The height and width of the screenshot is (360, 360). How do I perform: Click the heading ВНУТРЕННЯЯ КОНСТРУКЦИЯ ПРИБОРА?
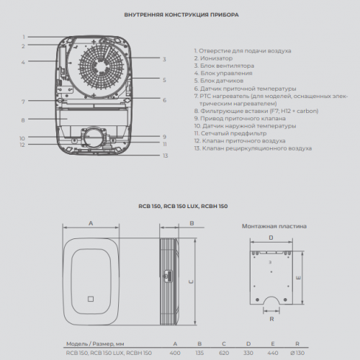tap(181, 15)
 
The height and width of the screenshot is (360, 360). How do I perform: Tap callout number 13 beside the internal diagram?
tap(166, 156)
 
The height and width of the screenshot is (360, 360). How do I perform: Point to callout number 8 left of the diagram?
tap(23, 120)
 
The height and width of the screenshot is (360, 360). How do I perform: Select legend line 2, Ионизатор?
tap(213, 58)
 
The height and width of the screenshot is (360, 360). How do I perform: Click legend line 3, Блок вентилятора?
tap(224, 66)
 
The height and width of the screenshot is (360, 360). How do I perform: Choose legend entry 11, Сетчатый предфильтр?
tap(230, 133)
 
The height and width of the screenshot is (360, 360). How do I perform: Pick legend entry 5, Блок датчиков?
tap(219, 81)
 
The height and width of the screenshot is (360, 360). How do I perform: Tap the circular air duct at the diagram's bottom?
tap(94, 138)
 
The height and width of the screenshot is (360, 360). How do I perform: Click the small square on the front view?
tap(91, 299)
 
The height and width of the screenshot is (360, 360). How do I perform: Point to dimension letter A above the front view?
tap(91, 223)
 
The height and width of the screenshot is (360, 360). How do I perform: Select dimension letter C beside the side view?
tap(191, 282)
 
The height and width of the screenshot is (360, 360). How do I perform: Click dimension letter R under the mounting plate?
tap(271, 319)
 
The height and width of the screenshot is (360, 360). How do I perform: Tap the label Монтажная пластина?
tap(274, 226)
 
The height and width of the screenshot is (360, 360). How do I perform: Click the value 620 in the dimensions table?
tap(224, 353)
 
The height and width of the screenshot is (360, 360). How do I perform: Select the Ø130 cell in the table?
tap(297, 353)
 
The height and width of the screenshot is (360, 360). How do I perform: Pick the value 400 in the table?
tap(175, 353)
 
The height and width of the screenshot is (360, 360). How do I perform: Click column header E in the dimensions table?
tap(273, 343)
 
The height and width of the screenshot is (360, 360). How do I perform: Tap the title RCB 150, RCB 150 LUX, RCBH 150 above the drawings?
tap(183, 206)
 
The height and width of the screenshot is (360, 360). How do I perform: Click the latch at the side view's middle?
tap(168, 275)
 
